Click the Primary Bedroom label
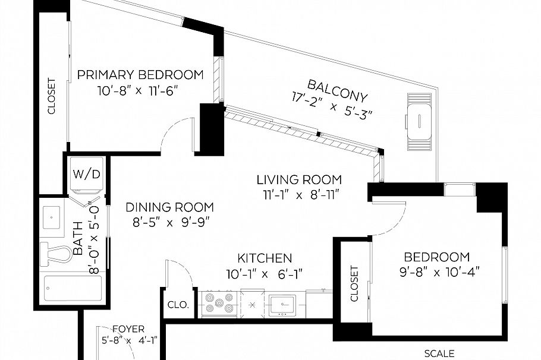click(140, 75)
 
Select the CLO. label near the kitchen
click(178, 305)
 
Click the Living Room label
click(299, 179)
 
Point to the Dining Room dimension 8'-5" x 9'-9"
click(169, 222)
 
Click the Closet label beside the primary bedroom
click(52, 96)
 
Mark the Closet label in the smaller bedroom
click(355, 283)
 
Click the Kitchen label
click(265, 258)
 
